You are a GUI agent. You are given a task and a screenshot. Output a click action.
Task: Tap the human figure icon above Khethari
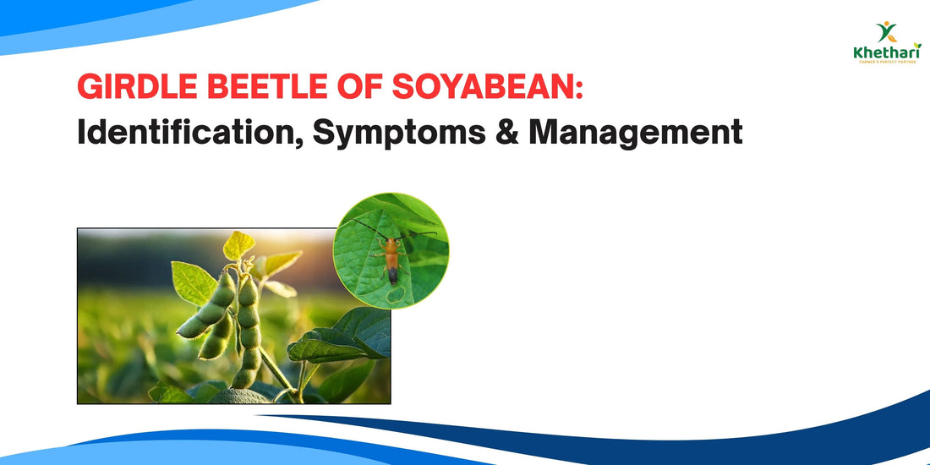click(x=886, y=33)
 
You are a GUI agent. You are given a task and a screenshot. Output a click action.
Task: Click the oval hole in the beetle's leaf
click(x=396, y=295)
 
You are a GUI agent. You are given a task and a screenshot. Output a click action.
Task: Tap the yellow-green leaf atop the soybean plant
click(x=239, y=244)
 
